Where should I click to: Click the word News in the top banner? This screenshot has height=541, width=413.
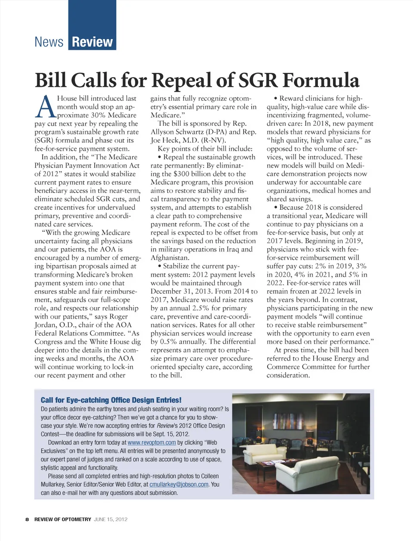[49, 42]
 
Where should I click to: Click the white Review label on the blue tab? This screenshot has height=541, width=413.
[92, 42]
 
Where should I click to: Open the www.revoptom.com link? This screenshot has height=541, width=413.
[151, 442]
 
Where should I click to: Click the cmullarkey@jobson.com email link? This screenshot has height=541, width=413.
[179, 484]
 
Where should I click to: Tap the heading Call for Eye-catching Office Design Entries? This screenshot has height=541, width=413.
[111, 400]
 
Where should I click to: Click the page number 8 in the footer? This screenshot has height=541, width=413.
[27, 519]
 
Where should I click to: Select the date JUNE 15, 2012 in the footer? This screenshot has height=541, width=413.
[111, 519]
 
